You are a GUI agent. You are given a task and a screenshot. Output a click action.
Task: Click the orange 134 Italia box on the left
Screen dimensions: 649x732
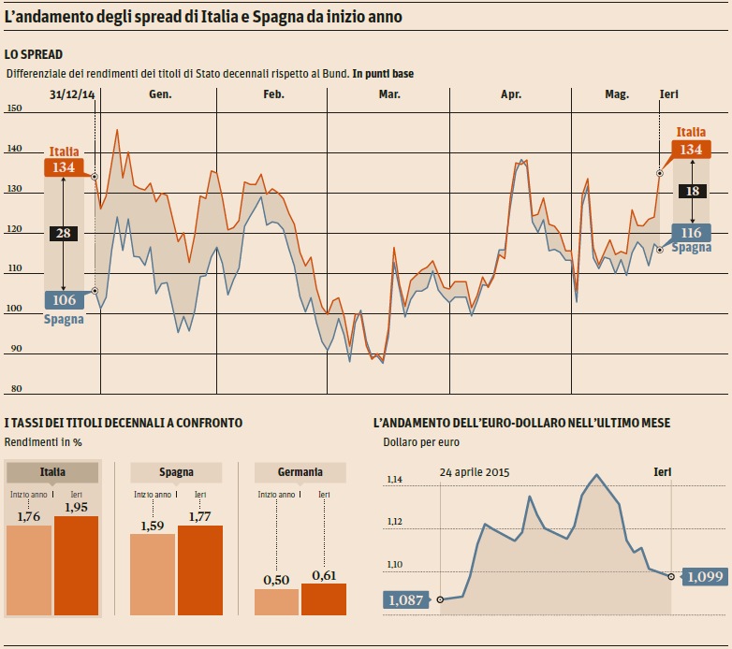point(64,166)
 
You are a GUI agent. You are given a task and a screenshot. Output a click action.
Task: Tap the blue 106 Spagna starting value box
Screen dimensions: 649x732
point(64,300)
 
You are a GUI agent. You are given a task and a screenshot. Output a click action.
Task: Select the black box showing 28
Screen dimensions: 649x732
point(64,234)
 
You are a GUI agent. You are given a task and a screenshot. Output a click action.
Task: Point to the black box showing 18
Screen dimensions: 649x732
point(693,191)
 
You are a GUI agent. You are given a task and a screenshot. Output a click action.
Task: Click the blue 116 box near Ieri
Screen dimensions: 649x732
point(692,233)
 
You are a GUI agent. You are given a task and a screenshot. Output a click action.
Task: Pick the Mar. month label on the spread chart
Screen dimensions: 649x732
point(389,94)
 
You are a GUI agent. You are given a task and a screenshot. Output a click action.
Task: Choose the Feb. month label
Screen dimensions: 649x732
point(273,94)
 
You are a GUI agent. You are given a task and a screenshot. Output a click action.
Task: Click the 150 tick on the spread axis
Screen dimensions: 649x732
point(14,108)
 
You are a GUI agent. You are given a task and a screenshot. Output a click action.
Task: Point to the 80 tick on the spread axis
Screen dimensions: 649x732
point(14,389)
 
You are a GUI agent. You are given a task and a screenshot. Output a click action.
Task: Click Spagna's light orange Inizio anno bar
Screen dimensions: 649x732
point(153,574)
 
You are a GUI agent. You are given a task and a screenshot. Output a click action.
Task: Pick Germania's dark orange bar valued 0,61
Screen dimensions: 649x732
point(324,599)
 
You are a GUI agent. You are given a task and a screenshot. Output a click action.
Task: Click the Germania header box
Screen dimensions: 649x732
point(300,472)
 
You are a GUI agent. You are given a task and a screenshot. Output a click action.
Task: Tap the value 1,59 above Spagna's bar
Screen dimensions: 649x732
point(153,526)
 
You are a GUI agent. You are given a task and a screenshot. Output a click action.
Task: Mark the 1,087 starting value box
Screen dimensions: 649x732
point(405,599)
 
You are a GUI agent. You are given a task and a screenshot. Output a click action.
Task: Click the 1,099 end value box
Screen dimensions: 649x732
point(704,577)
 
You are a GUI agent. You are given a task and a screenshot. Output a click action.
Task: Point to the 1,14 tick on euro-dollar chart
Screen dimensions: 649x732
point(394,480)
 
